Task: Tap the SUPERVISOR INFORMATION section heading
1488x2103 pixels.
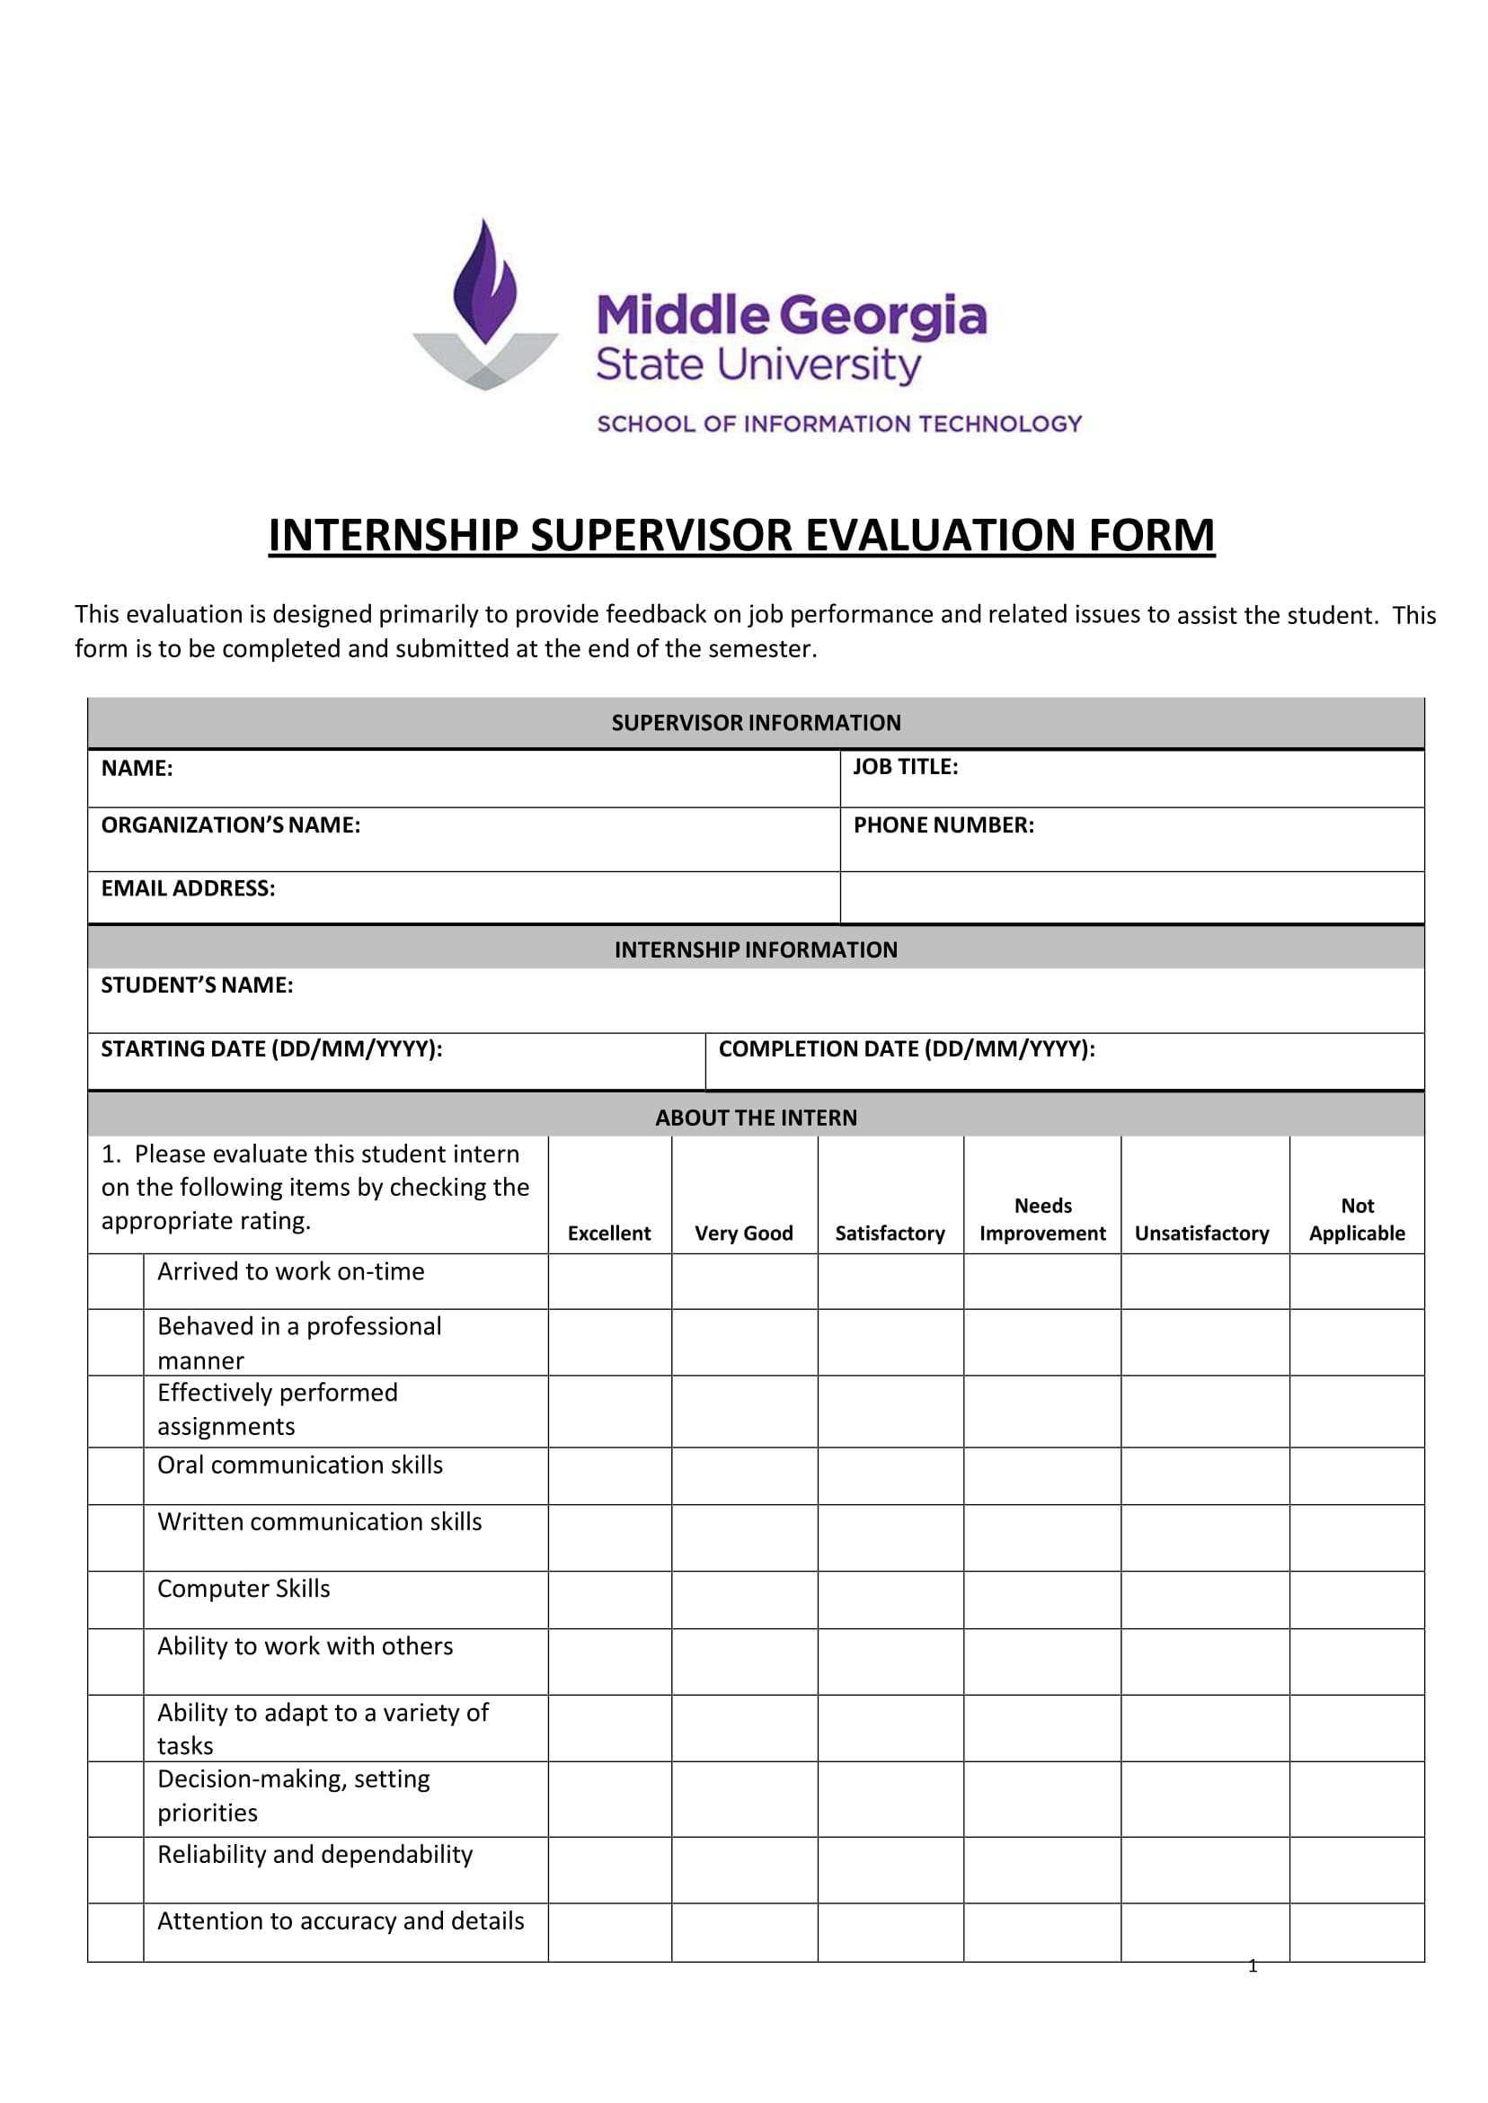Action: (x=756, y=723)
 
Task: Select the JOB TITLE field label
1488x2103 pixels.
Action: (x=905, y=767)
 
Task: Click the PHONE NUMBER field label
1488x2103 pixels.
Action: (x=943, y=825)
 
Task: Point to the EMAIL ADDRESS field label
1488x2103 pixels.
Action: (x=188, y=888)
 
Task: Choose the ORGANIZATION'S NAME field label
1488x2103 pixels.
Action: (x=231, y=825)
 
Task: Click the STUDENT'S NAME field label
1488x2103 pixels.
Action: (x=197, y=985)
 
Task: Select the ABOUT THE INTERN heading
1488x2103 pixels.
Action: (x=756, y=1118)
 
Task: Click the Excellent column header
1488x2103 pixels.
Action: (x=609, y=1233)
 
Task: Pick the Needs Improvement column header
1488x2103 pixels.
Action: (x=1042, y=1219)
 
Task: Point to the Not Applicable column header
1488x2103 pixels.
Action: (x=1357, y=1219)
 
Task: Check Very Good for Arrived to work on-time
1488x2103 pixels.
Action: (x=744, y=1281)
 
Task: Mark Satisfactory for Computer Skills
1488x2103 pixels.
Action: (x=890, y=1600)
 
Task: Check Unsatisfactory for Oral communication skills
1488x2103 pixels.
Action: (x=1205, y=1475)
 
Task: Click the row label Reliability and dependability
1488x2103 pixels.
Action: (x=315, y=1855)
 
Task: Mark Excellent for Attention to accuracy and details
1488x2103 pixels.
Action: (x=609, y=1932)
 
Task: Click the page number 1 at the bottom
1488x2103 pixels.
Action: (x=1253, y=1965)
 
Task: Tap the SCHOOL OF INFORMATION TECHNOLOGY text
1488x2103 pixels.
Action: (x=839, y=423)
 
